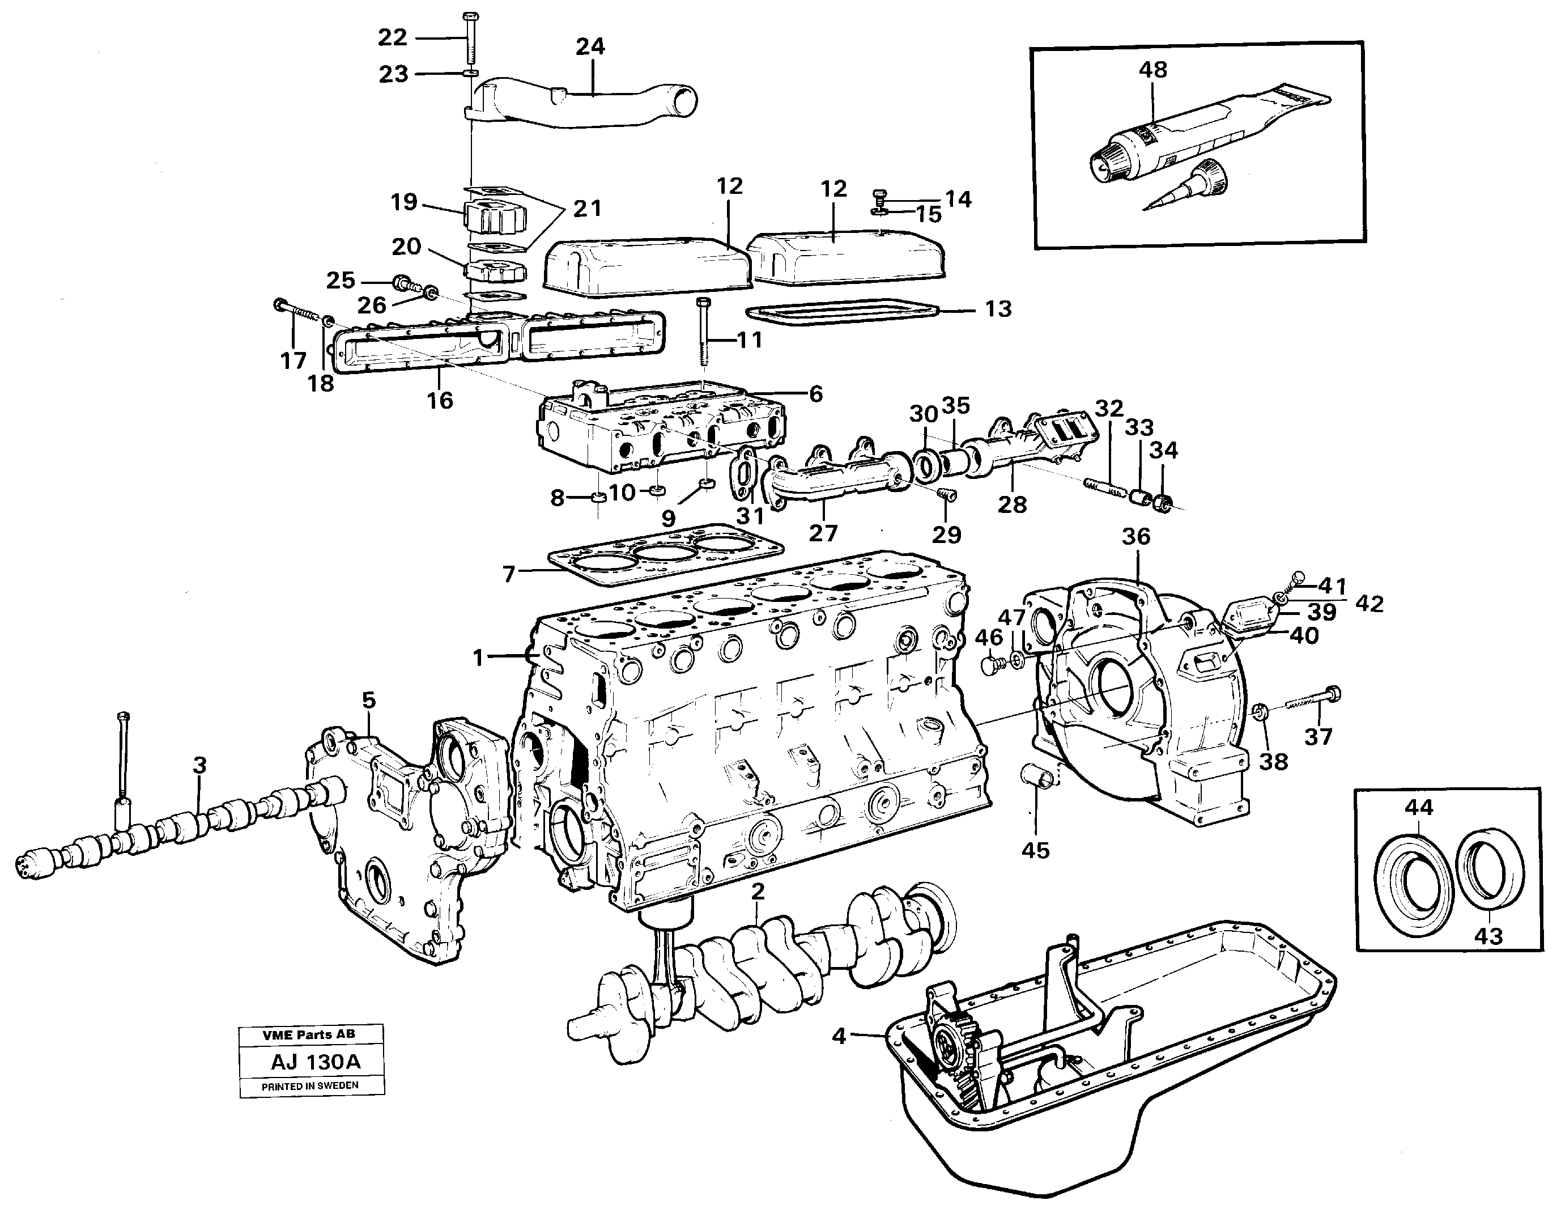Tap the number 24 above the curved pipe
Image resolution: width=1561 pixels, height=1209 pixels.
click(590, 46)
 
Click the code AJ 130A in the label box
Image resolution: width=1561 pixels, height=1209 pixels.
click(315, 1062)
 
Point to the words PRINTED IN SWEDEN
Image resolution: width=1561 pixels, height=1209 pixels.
click(310, 1086)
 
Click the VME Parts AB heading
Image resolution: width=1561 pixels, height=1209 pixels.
click(308, 1034)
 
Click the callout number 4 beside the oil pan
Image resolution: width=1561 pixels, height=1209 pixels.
click(839, 1036)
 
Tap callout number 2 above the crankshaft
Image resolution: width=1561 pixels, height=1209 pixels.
click(758, 891)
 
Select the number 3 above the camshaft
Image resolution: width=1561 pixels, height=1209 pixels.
click(199, 765)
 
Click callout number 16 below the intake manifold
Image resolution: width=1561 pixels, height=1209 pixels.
click(440, 400)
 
